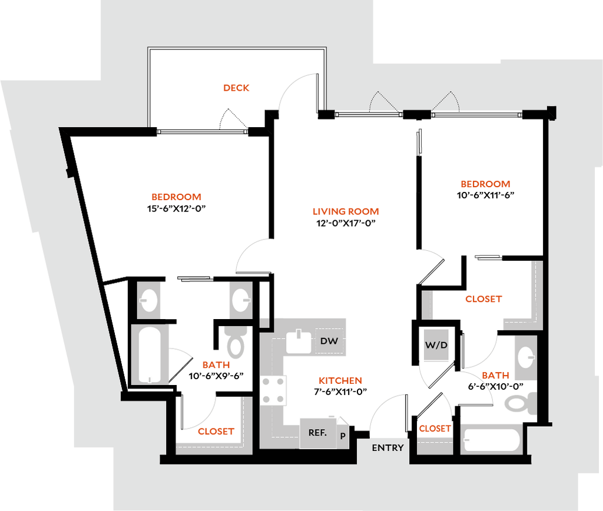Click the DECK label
click(236, 88)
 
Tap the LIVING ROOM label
click(346, 211)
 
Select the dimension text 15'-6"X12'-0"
click(177, 209)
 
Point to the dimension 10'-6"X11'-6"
click(485, 195)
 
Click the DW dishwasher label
click(329, 341)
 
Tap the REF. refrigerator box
click(318, 433)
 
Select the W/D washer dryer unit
click(436, 345)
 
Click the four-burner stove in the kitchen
click(273, 390)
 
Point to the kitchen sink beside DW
click(299, 341)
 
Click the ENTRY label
click(387, 448)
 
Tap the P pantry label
click(343, 436)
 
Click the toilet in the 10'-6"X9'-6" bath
click(236, 342)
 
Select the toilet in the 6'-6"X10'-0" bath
click(521, 403)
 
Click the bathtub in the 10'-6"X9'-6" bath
click(150, 354)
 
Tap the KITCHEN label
click(340, 381)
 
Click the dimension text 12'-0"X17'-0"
click(346, 223)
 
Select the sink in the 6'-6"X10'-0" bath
click(526, 357)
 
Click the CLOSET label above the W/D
click(483, 299)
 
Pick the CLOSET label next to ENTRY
click(435, 429)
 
